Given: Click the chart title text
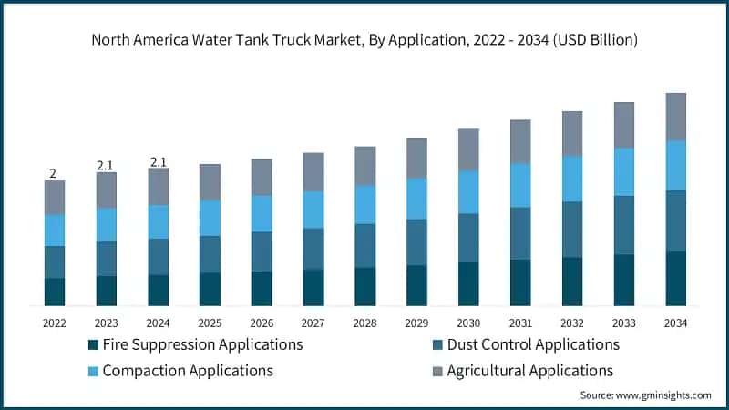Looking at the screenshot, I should tap(364, 40).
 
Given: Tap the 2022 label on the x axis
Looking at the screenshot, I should tap(55, 323).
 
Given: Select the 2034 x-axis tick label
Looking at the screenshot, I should tap(675, 323).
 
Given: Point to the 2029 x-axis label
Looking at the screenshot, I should tap(416, 323).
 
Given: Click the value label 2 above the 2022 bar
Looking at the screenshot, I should tap(53, 173).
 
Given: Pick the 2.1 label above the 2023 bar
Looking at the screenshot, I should tap(106, 165).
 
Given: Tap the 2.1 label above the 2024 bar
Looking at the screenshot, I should tap(158, 162).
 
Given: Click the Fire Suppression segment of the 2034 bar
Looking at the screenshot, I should tap(675, 278).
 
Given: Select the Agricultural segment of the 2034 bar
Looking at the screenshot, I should tap(675, 117).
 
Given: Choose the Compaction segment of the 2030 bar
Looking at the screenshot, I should tap(468, 192).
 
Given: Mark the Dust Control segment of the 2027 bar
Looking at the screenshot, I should tap(313, 249).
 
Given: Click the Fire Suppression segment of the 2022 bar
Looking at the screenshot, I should tap(55, 292).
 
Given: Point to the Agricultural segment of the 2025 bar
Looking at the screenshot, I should tap(210, 182).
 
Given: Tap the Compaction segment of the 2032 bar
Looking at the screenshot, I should tap(572, 179).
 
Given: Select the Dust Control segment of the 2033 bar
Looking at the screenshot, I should tap(624, 225).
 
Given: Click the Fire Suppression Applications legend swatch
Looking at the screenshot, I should tap(93, 345).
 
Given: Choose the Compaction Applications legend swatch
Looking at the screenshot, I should tap(93, 372).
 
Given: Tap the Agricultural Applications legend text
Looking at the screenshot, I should tap(529, 371).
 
